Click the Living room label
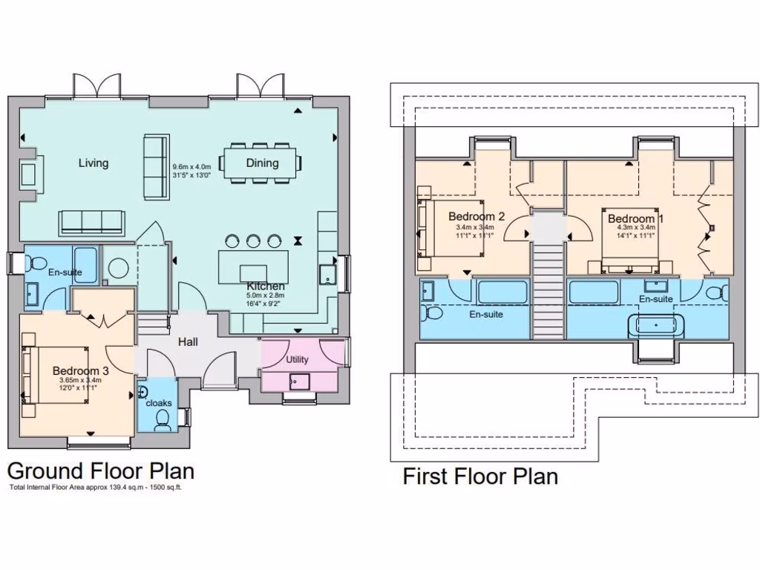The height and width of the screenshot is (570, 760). (x=94, y=163)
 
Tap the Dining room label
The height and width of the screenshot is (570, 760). (x=262, y=163)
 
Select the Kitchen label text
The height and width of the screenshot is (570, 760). (x=266, y=286)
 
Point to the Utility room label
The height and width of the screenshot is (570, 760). (x=297, y=360)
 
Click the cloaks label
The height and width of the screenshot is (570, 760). (x=159, y=402)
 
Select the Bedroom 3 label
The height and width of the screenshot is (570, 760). (x=81, y=370)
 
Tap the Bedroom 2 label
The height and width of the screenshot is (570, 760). (x=476, y=217)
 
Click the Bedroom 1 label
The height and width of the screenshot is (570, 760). (x=636, y=219)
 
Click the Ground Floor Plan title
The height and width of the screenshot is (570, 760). (x=101, y=471)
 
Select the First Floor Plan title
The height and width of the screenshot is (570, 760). (x=480, y=476)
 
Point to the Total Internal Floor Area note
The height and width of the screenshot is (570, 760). (x=95, y=488)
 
